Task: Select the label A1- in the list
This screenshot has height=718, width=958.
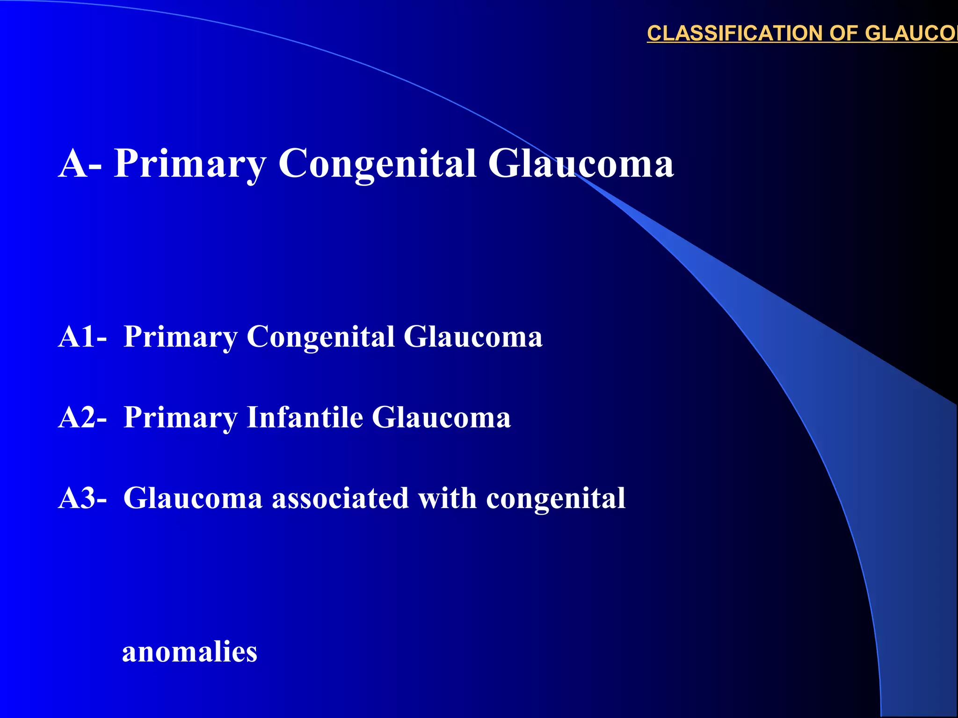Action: pyautogui.click(x=82, y=337)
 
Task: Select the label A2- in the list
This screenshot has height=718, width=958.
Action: pyautogui.click(x=82, y=417)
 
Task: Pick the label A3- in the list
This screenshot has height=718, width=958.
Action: pyautogui.click(x=82, y=498)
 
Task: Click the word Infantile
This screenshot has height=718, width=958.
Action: pyautogui.click(x=305, y=417)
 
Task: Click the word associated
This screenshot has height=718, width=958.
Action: pyautogui.click(x=340, y=498)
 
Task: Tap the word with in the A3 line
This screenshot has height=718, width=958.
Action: pyautogui.click(x=447, y=498)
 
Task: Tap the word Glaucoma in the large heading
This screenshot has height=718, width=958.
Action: pyautogui.click(x=581, y=164)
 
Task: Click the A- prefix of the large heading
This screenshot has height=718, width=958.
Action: pyautogui.click(x=80, y=164)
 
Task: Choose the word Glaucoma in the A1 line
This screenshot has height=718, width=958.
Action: pyautogui.click(x=472, y=337)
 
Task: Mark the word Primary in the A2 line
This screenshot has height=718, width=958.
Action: pyautogui.click(x=181, y=418)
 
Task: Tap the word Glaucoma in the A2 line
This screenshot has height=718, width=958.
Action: pyautogui.click(x=441, y=417)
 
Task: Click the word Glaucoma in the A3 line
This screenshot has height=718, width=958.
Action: pyautogui.click(x=193, y=498)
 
